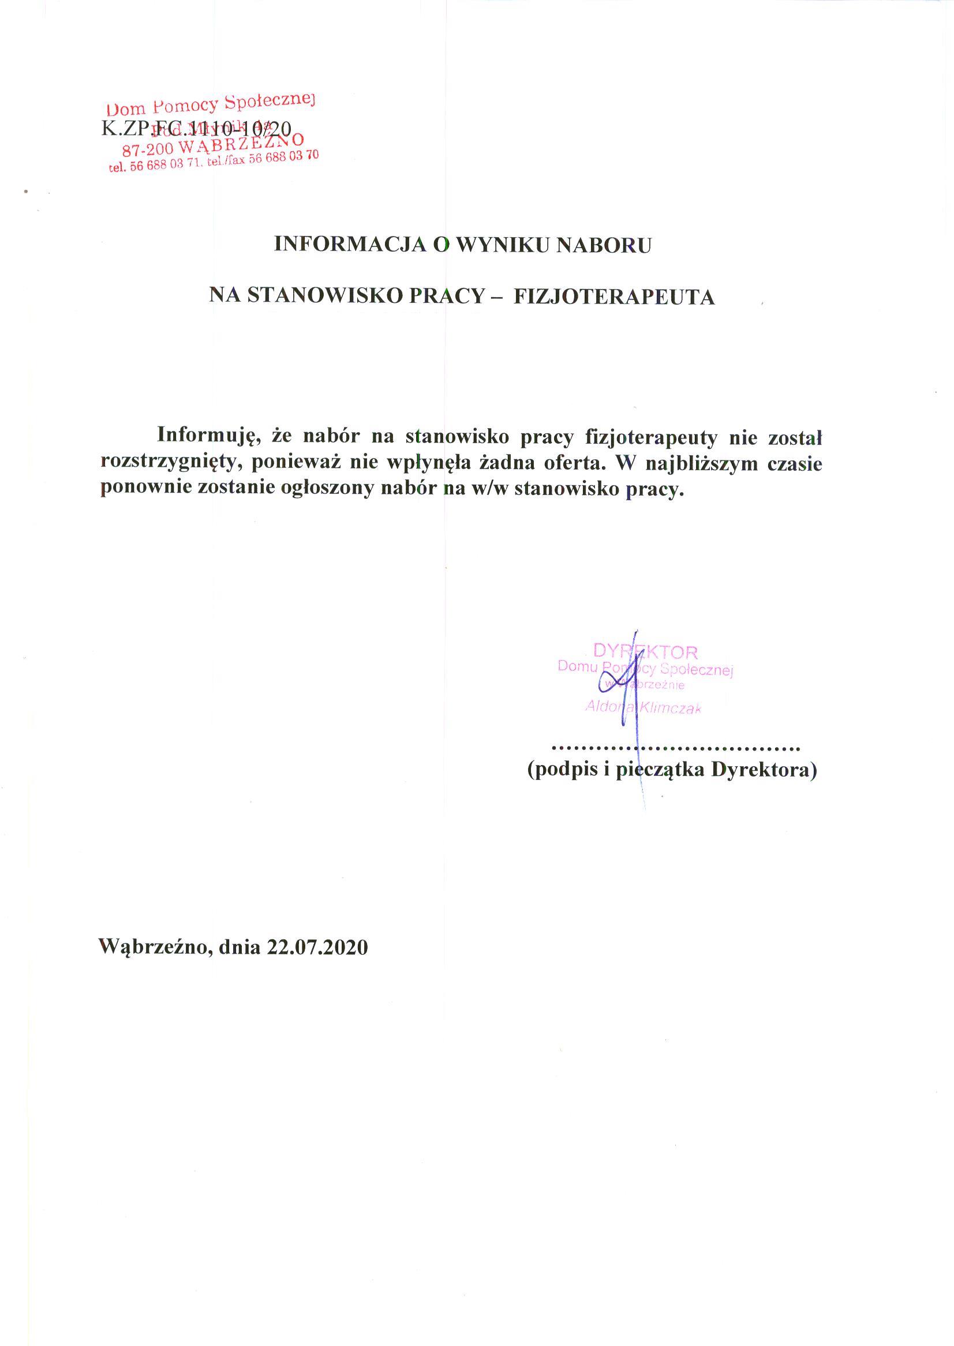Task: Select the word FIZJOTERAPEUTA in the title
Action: (614, 297)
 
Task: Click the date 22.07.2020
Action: (317, 947)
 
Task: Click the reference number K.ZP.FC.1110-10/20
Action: (196, 129)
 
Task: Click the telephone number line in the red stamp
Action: (214, 162)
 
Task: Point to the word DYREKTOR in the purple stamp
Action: (645, 651)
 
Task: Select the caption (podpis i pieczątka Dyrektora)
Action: (672, 770)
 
